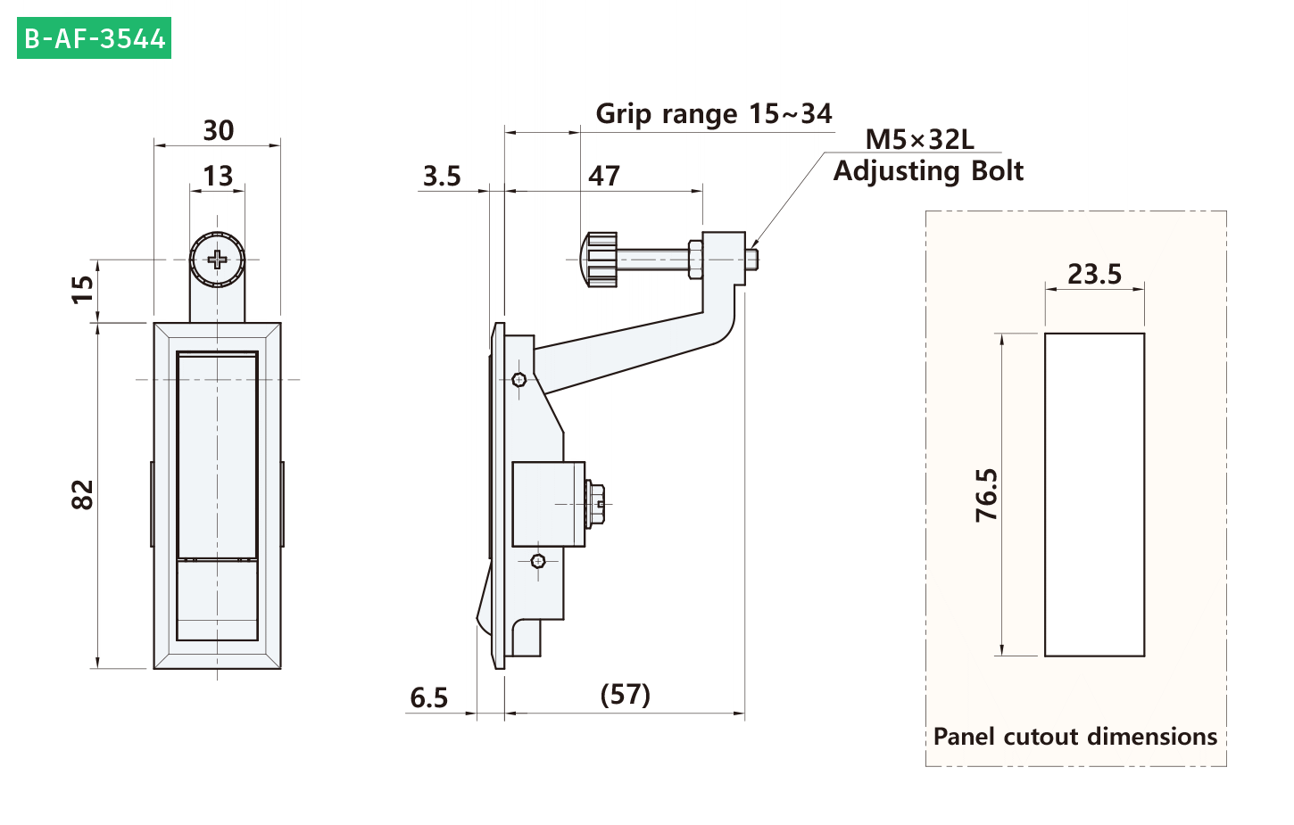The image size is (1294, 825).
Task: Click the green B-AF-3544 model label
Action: [95, 38]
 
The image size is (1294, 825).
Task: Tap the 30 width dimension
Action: [219, 130]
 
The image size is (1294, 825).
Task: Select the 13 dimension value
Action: [218, 176]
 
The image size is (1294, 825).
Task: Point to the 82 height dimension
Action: [83, 495]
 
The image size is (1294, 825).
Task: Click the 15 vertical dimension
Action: [83, 289]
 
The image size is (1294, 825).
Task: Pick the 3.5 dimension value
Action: [442, 176]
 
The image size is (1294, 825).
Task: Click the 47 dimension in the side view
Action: [604, 176]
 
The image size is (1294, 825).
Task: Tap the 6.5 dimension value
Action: [428, 698]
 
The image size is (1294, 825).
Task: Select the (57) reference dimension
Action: [626, 695]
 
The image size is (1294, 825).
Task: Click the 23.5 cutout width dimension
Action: [1094, 274]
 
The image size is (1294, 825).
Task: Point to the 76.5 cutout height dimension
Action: [987, 495]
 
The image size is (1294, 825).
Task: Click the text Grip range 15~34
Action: [714, 114]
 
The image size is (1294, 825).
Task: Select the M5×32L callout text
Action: [920, 139]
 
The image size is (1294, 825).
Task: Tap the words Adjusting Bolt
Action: [928, 171]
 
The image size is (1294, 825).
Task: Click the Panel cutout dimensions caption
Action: [1075, 737]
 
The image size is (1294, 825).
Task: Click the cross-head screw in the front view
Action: [217, 260]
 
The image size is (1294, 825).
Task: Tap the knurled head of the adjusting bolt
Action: [599, 260]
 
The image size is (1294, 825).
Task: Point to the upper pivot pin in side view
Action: [519, 379]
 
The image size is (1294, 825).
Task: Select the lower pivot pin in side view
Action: [538, 561]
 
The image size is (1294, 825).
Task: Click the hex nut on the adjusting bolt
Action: [695, 260]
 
